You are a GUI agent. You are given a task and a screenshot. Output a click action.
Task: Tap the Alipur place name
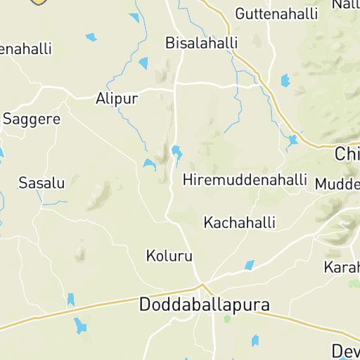pyautogui.click(x=117, y=98)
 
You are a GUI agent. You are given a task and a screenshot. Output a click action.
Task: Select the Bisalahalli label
pyautogui.click(x=201, y=43)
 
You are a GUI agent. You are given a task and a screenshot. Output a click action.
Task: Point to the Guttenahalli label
pyautogui.click(x=276, y=13)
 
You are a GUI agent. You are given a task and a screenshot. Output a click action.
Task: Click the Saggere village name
pyautogui.click(x=32, y=119)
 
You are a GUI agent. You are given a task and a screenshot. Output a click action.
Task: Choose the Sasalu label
pyautogui.click(x=41, y=184)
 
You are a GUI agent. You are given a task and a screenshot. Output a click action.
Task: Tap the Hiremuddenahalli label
pyautogui.click(x=245, y=180)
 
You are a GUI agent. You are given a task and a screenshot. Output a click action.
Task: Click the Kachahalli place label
pyautogui.click(x=239, y=223)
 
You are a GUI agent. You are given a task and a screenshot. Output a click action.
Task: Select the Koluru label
pyautogui.click(x=169, y=255)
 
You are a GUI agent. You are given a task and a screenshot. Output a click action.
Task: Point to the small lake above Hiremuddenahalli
pyautogui.click(x=176, y=152)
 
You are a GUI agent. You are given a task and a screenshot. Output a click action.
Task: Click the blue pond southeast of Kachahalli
pyautogui.click(x=249, y=265)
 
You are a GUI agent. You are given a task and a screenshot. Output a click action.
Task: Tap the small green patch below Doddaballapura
pyautogui.click(x=226, y=319)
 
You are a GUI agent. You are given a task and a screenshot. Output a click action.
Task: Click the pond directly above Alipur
pyautogui.click(x=144, y=63)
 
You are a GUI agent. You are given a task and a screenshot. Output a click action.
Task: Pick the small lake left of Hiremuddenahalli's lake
pyautogui.click(x=149, y=165)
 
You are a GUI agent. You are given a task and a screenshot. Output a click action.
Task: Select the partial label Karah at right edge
pyautogui.click(x=342, y=268)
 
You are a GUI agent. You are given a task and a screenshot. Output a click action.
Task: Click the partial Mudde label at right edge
pyautogui.click(x=337, y=184)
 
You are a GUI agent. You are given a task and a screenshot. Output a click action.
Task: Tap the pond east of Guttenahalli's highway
pyautogui.click(x=285, y=81)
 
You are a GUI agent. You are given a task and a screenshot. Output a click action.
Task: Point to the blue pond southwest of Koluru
pyautogui.click(x=70, y=300)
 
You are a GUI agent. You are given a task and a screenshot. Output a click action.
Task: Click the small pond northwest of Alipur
pyautogui.click(x=91, y=37)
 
